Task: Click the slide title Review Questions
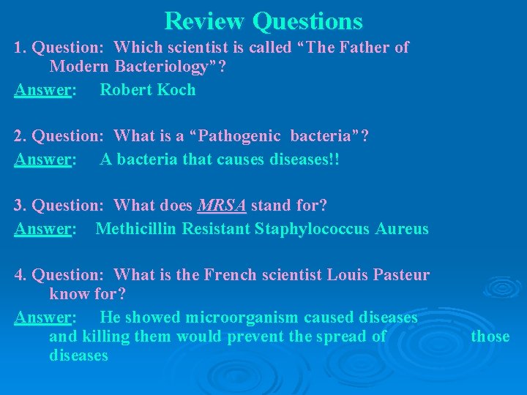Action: tap(263, 20)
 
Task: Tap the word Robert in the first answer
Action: tap(125, 90)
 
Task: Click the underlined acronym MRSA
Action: tap(223, 206)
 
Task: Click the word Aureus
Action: tap(402, 229)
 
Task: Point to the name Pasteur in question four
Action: tap(401, 275)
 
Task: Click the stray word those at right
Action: tap(490, 336)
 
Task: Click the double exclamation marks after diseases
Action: tap(334, 159)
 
